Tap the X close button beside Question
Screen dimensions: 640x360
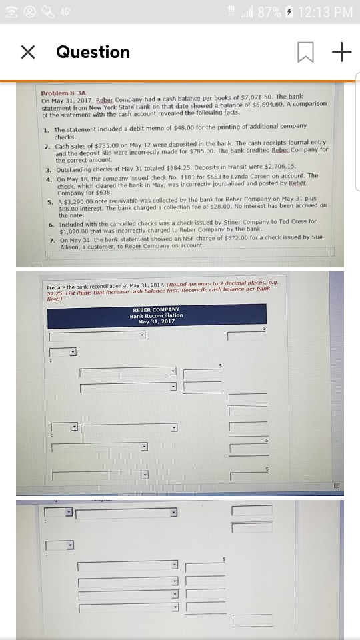click(27, 52)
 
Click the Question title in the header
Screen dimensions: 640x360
click(93, 52)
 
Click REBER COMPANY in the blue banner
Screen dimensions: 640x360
click(156, 309)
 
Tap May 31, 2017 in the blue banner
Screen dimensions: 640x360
click(156, 321)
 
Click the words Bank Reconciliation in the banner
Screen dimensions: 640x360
click(156, 315)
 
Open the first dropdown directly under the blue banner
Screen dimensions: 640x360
click(97, 335)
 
